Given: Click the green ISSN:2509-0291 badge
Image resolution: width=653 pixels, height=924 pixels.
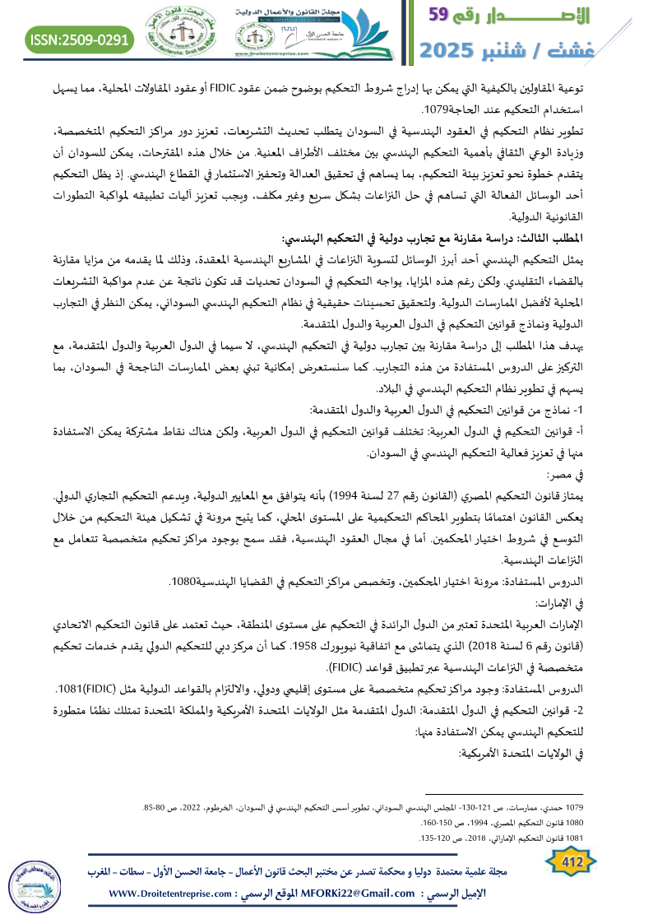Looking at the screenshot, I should [80, 39].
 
